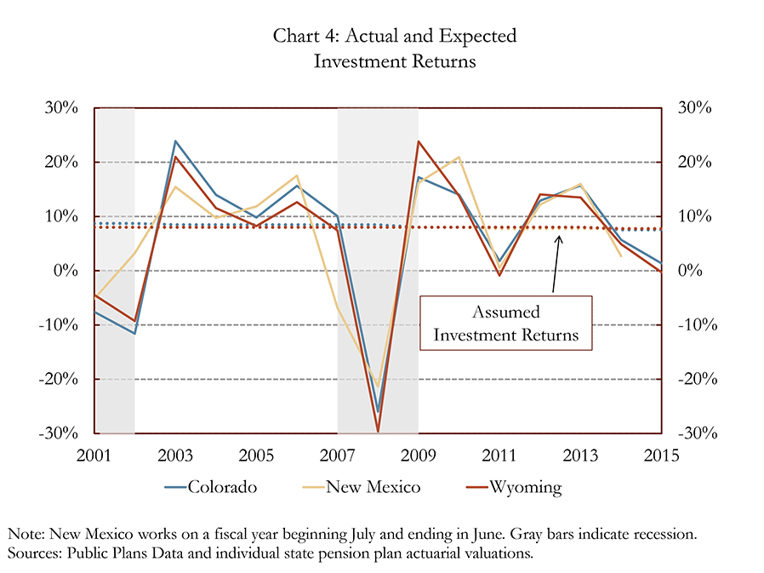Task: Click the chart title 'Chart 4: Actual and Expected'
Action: coord(395,36)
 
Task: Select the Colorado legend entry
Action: coord(210,487)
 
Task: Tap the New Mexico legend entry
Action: coord(361,487)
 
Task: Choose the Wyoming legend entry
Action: coord(514,487)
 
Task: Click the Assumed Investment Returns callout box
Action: coord(505,323)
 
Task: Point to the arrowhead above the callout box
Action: coord(559,239)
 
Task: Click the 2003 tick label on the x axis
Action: coord(175,456)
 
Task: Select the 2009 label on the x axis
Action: coord(418,456)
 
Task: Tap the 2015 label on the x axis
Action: coord(661,456)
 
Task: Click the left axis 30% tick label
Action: coord(61,107)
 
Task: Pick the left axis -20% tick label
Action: coord(58,379)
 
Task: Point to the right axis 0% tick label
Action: coord(690,270)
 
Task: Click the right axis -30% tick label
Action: coord(698,433)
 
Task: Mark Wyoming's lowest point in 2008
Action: coord(378,432)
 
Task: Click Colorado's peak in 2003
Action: coord(175,141)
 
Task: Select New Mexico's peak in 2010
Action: coord(459,157)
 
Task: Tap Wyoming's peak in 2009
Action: coord(418,141)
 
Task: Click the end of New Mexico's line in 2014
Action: coord(621,256)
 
